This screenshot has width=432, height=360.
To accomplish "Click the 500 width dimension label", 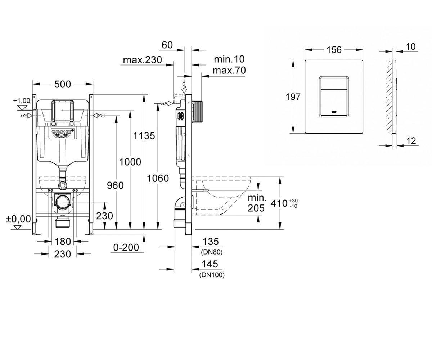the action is click(63, 84).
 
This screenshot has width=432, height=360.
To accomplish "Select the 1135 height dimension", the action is click(144, 136).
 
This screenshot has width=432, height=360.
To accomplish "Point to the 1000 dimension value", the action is click(130, 162).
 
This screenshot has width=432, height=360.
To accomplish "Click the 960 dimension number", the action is click(115, 185).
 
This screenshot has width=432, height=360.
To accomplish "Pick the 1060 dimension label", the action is click(158, 178).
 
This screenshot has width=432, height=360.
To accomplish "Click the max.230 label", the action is click(142, 60).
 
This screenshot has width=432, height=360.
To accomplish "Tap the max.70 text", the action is click(229, 70).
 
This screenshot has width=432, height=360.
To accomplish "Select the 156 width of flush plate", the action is click(334, 50).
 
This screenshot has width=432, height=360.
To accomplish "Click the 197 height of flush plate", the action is click(293, 97).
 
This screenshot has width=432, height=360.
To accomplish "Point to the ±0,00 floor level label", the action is click(18, 219).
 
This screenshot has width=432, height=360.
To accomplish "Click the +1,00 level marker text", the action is click(22, 101).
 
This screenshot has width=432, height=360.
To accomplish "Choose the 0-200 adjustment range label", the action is click(126, 247).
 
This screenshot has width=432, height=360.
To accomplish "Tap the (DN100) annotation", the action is click(212, 275).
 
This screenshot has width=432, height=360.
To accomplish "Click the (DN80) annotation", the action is click(212, 252).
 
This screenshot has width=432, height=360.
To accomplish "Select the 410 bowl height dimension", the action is click(279, 203).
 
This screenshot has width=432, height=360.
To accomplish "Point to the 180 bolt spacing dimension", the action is click(63, 242).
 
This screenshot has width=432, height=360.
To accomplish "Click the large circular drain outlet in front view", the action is click(63, 202).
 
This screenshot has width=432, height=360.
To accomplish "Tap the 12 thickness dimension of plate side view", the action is click(411, 141).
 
